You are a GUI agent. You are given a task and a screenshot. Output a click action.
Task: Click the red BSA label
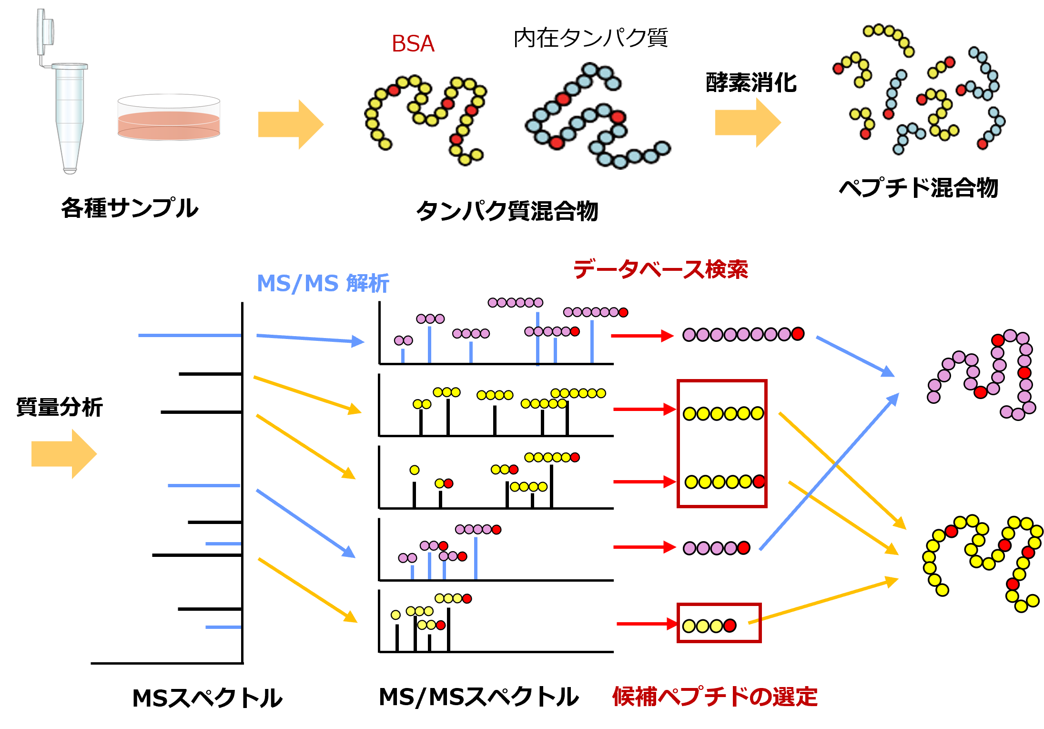pos(413,44)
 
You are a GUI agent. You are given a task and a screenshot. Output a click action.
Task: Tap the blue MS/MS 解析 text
pos(323,283)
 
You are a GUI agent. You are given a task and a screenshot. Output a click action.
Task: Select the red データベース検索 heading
pos(660,269)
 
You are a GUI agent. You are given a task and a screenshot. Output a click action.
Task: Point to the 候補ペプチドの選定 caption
pos(715,697)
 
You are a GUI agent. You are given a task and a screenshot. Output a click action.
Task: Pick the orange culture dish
pos(169,118)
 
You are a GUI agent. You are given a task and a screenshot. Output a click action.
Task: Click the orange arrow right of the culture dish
pos(291,124)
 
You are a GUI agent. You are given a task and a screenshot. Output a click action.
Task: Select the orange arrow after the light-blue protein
pos(748,123)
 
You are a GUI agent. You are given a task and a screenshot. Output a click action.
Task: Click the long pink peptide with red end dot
pos(743,335)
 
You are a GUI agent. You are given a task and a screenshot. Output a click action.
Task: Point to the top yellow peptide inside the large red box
pos(723,413)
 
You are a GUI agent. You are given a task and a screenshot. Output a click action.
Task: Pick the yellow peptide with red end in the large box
pos(725,482)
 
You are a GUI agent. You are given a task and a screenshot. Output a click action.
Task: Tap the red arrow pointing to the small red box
pos(647,624)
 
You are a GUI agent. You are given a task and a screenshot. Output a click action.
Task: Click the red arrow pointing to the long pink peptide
pos(642,336)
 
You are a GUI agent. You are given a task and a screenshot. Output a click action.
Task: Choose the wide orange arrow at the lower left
pos(64,453)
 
